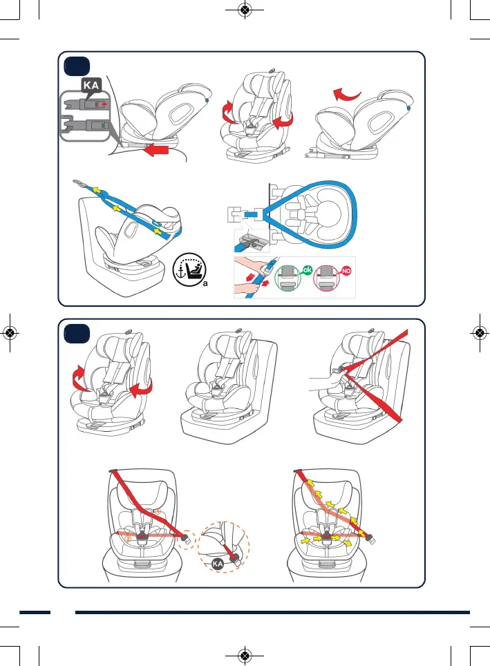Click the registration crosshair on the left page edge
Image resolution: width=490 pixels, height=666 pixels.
pos(10,332)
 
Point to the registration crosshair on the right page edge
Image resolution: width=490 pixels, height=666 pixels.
pos(480,332)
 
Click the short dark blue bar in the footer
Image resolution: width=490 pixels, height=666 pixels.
pos(35,612)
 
